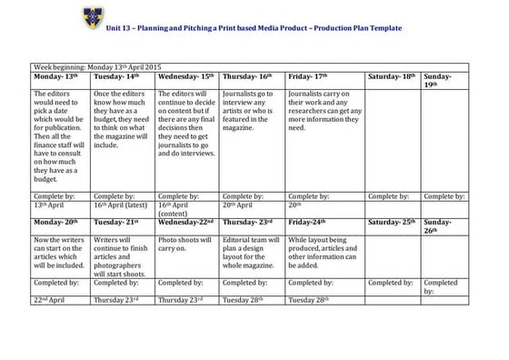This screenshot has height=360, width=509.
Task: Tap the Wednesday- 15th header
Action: point(185,76)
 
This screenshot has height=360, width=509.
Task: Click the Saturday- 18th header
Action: point(392,76)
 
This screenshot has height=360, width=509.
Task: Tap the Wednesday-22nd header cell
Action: point(185,221)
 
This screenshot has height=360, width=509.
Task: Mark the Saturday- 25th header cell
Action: point(392,221)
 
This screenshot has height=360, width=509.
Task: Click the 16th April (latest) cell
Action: point(122,206)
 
